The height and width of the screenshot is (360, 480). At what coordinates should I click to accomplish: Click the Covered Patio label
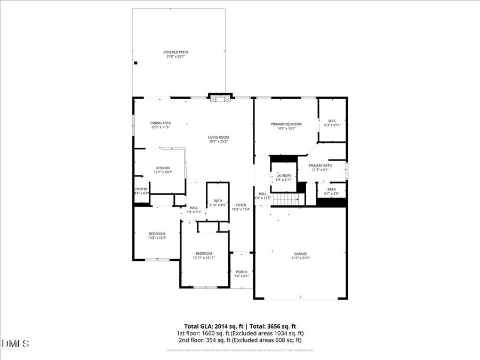pos(175,52)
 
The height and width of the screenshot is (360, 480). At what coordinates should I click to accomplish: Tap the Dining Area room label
pos(160,123)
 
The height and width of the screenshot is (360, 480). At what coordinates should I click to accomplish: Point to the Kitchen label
pos(163,168)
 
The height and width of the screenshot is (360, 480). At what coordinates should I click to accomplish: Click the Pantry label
pos(141,189)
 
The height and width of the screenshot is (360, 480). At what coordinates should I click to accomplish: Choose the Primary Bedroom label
pos(286,124)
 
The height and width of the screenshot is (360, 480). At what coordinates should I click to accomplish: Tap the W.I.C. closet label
pos(331,121)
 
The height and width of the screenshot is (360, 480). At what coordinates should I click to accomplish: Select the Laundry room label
pos(284,175)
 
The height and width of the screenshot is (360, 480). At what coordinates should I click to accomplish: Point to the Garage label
pos(301,254)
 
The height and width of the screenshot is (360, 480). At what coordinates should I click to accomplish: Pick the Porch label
pos(242,272)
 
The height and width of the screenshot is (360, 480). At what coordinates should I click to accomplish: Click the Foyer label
pos(241,205)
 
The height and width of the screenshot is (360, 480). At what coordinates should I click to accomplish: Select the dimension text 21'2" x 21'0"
pos(301,258)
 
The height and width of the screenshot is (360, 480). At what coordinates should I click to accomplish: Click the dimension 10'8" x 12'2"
pos(157,238)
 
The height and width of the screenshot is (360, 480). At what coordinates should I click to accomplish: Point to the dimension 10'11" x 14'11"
pos(204,258)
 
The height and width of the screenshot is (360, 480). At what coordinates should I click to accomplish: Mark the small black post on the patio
pos(135,63)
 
